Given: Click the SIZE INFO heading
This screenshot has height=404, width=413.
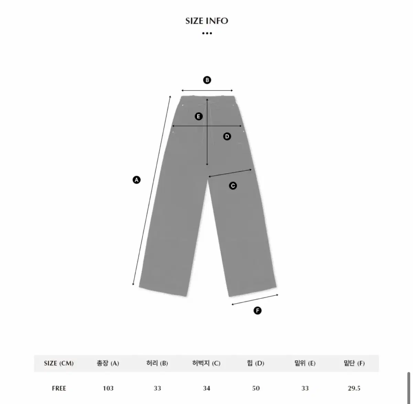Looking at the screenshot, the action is click(x=207, y=21).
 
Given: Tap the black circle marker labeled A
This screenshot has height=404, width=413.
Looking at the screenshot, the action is click(x=137, y=180).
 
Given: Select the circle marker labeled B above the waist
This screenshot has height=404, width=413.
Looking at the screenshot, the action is click(x=207, y=80).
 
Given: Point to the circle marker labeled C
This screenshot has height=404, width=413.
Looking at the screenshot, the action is click(x=233, y=186).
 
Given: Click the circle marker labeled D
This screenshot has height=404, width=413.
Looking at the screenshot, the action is click(x=227, y=136).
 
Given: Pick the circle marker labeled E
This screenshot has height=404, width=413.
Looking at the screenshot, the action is click(x=199, y=116).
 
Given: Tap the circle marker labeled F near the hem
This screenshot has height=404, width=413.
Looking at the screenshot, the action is click(x=257, y=311).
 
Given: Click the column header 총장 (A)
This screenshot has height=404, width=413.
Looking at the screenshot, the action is click(x=108, y=363).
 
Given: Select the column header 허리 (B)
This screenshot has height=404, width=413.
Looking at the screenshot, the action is click(x=157, y=363).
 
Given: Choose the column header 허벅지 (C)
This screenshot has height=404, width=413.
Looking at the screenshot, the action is click(x=206, y=363).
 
